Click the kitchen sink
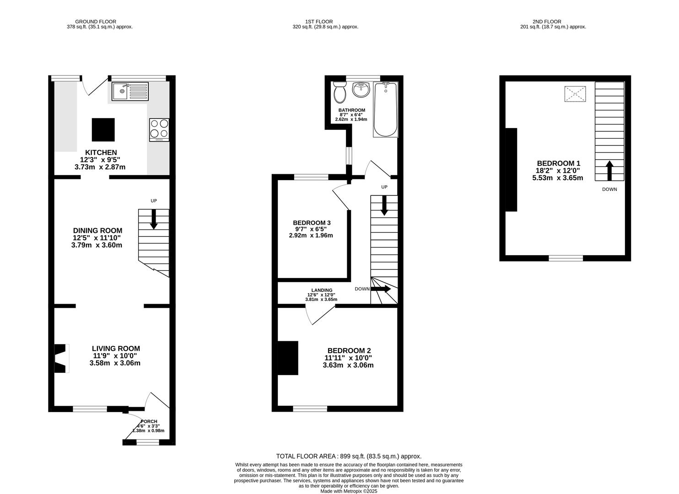coord(130,91)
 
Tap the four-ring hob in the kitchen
coord(159,129)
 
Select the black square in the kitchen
coord(103,129)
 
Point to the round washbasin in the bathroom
coord(361,90)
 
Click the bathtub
coord(385,110)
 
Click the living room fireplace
coord(61,358)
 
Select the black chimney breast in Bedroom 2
coord(288,358)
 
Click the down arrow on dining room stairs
coord(154,219)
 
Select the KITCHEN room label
coord(101,152)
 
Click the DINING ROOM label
coord(97,231)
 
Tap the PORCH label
coord(149,421)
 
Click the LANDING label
coord(322,290)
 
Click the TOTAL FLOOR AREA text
coord(349,456)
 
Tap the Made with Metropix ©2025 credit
coord(349,491)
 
